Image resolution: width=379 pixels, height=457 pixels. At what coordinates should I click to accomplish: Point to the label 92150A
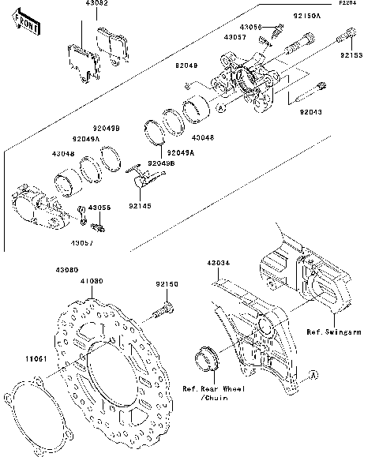(307, 15)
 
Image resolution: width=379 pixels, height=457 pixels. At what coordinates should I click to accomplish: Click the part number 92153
(352, 56)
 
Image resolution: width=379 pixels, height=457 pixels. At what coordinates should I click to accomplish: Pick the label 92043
(311, 112)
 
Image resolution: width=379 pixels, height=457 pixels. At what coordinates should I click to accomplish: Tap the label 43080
(66, 271)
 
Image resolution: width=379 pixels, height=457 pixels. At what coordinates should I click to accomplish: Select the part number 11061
(20, 359)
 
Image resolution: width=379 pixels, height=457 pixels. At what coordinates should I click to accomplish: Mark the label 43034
(219, 263)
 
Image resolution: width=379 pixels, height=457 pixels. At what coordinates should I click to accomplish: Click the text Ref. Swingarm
(335, 332)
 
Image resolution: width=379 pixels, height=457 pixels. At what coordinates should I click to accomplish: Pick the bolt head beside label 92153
(348, 33)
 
